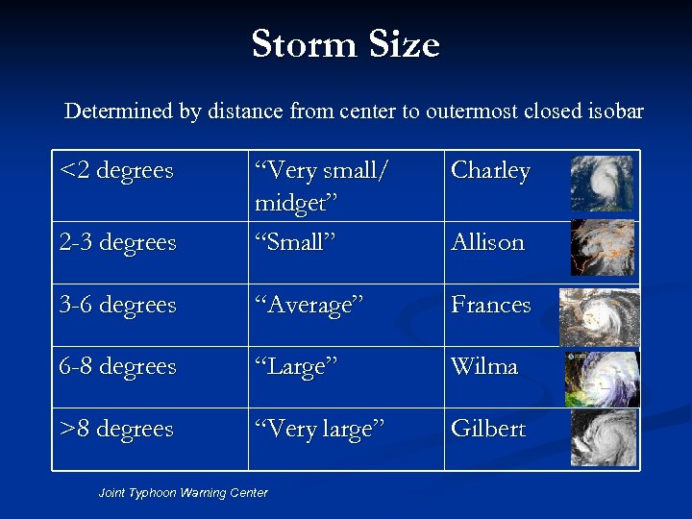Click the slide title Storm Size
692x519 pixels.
pos(345,45)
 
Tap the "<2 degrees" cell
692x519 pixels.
pos(116,171)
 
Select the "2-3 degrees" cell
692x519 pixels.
pos(118,242)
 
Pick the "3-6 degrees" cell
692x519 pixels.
pos(118,306)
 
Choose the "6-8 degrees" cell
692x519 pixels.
pos(118,367)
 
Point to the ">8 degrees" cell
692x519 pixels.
pos(116,429)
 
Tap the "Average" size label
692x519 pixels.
pos(309,306)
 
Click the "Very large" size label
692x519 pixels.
pos(319,429)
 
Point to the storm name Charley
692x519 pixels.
pos(490,171)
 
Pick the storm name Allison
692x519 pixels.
pos(488,242)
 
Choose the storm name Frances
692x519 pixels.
pos(491,306)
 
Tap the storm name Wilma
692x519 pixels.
pos(485,367)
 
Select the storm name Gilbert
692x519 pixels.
pos(488,429)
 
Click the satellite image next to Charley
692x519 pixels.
pos(602,183)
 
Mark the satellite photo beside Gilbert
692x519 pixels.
pos(604,439)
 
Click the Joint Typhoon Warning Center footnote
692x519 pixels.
pos(183,493)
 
